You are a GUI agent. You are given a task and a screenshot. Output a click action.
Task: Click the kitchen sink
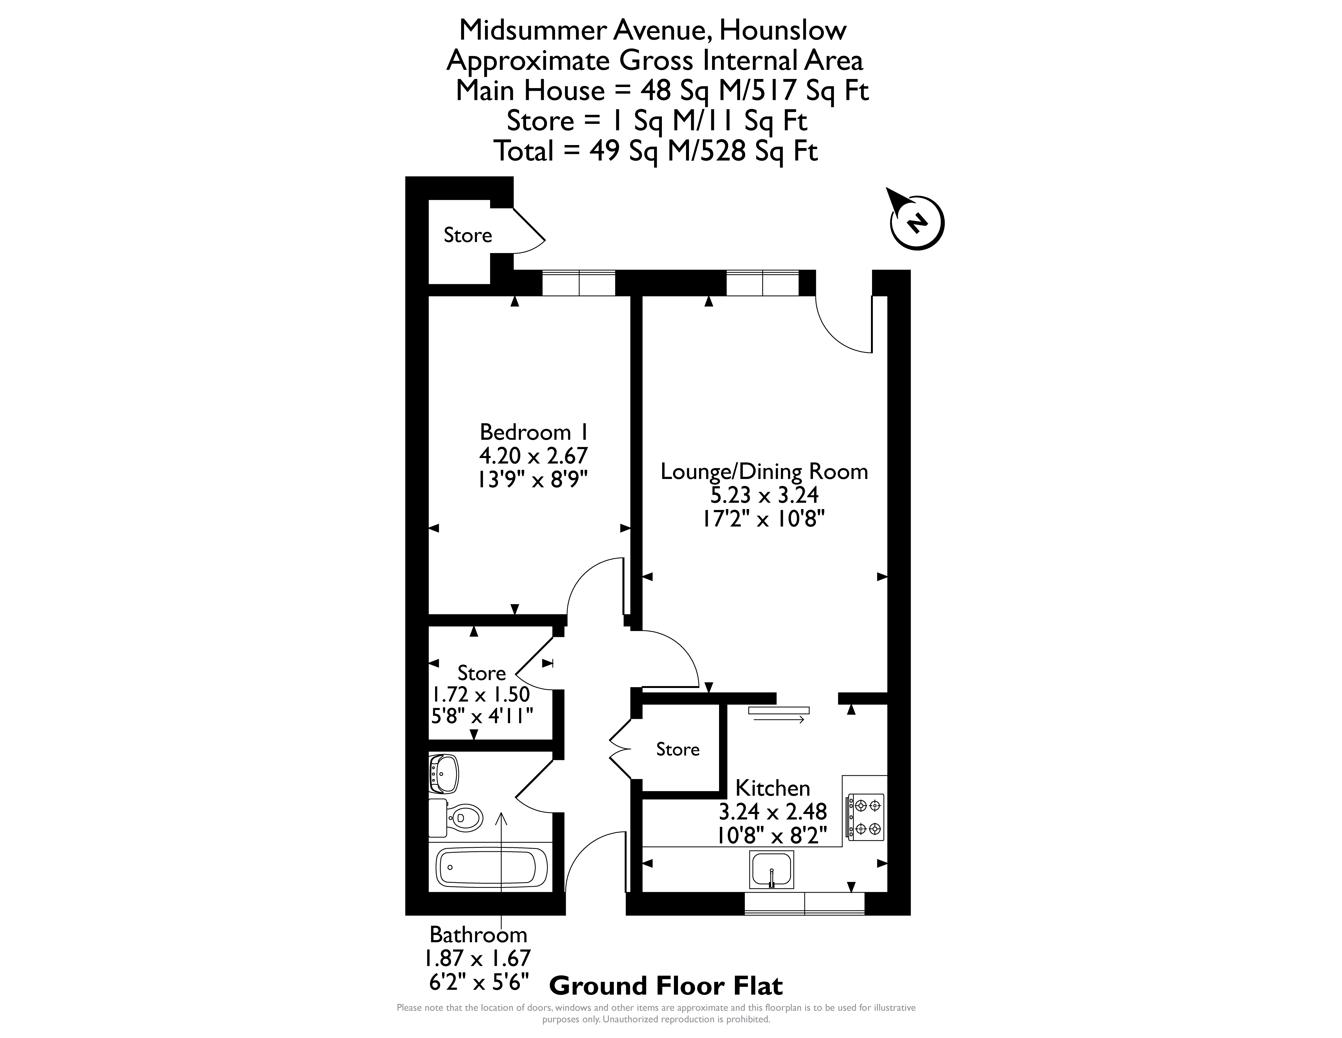pyautogui.click(x=772, y=870)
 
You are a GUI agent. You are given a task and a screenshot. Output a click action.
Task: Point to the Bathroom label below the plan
pyautogui.click(x=478, y=935)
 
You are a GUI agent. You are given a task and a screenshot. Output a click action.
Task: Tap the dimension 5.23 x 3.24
pyautogui.click(x=764, y=495)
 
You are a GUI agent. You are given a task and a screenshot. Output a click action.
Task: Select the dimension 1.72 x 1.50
pyautogui.click(x=480, y=694)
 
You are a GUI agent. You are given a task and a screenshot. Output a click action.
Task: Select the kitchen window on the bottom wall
pyautogui.click(x=804, y=903)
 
